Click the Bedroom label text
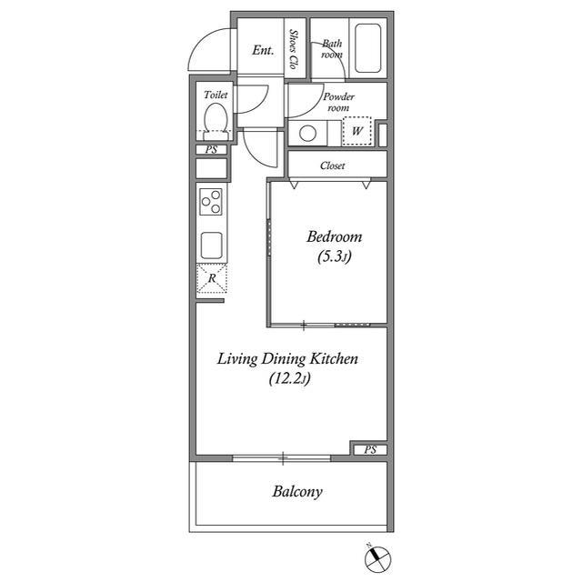click(334, 236)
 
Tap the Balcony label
click(297, 492)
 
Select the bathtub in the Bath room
click(367, 48)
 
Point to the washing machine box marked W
click(356, 131)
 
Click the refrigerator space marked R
click(212, 278)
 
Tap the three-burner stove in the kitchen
click(211, 202)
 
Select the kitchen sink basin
click(212, 246)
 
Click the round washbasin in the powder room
click(307, 134)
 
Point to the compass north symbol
click(377, 558)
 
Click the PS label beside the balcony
click(370, 450)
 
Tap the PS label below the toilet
click(211, 149)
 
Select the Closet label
click(333, 166)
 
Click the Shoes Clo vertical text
click(294, 49)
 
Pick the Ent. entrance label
click(263, 50)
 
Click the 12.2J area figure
click(289, 378)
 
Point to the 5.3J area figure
click(334, 256)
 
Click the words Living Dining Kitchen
click(287, 359)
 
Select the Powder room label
click(338, 102)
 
